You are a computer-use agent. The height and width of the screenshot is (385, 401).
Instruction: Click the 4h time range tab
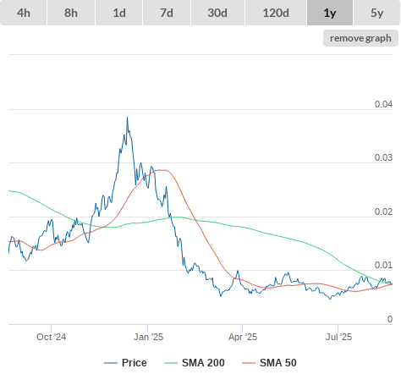pyautogui.click(x=24, y=13)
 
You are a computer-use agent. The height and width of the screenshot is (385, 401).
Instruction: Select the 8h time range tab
pyautogui.click(x=71, y=13)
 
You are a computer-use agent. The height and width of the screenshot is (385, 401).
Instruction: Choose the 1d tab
pyautogui.click(x=119, y=13)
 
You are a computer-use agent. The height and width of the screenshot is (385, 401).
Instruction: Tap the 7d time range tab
pyautogui.click(x=167, y=13)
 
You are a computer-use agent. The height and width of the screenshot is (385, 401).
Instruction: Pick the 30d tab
pyautogui.click(x=217, y=13)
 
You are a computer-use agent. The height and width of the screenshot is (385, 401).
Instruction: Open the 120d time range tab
pyautogui.click(x=276, y=13)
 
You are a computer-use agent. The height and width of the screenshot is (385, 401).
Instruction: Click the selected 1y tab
pyautogui.click(x=330, y=13)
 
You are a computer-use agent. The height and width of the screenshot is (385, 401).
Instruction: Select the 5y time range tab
pyautogui.click(x=377, y=13)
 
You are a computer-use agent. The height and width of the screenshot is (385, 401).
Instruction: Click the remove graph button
pyautogui.click(x=360, y=38)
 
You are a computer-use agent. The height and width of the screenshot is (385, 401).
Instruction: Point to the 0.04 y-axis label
pyautogui.click(x=383, y=104)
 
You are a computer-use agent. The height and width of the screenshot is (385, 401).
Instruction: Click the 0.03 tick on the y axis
pyautogui.click(x=383, y=157)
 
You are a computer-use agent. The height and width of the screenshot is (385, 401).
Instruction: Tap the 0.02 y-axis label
pyautogui.click(x=383, y=212)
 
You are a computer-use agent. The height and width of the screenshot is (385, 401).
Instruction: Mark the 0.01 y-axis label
pyautogui.click(x=383, y=265)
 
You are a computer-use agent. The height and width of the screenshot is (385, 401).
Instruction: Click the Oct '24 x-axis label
pyautogui.click(x=51, y=337)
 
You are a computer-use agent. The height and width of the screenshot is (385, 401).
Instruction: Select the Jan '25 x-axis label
pyautogui.click(x=148, y=337)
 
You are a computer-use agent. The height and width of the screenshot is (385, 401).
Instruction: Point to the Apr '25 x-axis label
pyautogui.click(x=243, y=337)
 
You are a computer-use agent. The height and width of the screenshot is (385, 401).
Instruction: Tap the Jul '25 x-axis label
pyautogui.click(x=338, y=337)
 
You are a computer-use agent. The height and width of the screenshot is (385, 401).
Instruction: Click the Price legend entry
pyautogui.click(x=125, y=363)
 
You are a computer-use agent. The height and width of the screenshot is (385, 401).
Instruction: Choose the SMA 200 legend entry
pyautogui.click(x=195, y=363)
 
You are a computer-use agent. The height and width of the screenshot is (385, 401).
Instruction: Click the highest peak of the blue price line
pyautogui.click(x=127, y=117)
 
